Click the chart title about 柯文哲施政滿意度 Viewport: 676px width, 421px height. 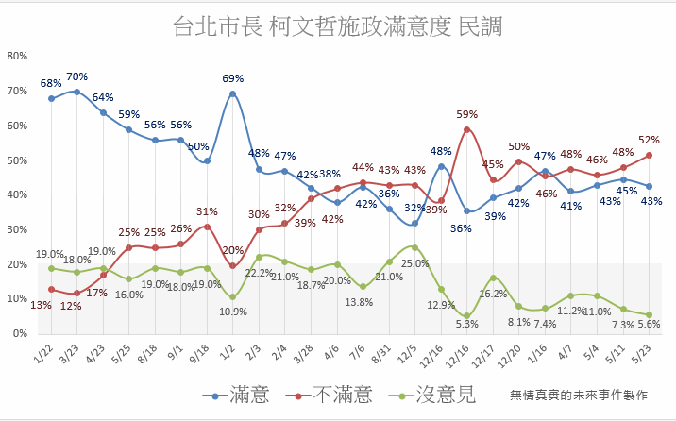[x=338, y=26]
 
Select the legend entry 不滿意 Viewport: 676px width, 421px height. [x=329, y=395]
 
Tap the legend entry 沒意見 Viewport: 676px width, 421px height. [x=432, y=395]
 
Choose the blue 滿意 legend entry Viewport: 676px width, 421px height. [x=236, y=395]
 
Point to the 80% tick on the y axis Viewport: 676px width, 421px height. [x=17, y=56]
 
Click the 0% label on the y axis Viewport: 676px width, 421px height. [x=20, y=333]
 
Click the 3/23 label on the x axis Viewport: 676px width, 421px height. [x=70, y=354]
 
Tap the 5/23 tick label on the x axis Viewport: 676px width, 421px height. [x=641, y=354]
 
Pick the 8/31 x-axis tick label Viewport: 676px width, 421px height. [x=381, y=354]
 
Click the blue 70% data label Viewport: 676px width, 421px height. [x=77, y=76]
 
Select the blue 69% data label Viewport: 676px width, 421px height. [x=233, y=78]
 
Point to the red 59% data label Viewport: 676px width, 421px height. [x=467, y=114]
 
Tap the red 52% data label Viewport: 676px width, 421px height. [x=649, y=140]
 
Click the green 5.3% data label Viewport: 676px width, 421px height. [x=467, y=324]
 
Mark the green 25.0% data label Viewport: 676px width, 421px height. [x=415, y=263]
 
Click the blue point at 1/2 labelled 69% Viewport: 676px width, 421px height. [x=233, y=94]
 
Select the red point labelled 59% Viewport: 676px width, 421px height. [x=467, y=129]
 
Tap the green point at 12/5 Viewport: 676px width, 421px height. [x=414, y=247]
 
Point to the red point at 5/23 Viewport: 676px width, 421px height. [x=650, y=155]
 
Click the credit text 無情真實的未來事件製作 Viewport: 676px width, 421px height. [x=579, y=395]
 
